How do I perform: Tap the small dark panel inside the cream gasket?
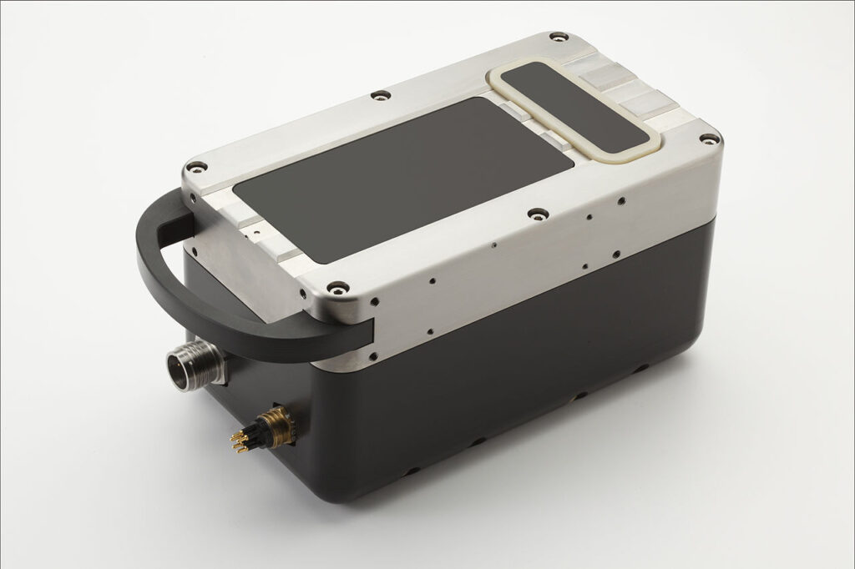575,105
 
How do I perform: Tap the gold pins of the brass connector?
241,440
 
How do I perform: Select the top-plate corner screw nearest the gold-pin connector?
337,288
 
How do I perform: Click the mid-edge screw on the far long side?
380,95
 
